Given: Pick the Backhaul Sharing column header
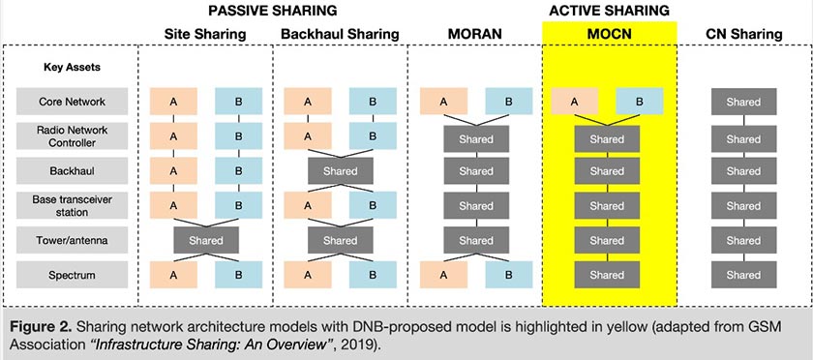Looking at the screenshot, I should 339,34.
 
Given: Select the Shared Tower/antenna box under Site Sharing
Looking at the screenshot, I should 205,240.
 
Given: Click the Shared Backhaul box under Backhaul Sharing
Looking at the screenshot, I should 340,171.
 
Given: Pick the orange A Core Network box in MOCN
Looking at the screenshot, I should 574,101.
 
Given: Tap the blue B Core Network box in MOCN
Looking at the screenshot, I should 639,101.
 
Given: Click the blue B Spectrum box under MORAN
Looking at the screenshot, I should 508,275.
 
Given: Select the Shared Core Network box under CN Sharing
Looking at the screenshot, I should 743,101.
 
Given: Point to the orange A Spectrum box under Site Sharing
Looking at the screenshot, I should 173,275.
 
